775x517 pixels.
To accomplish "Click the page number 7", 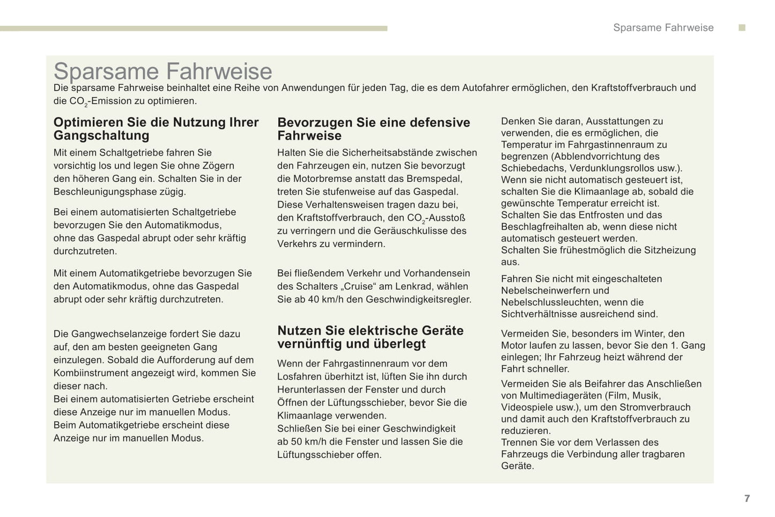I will coord(747,498).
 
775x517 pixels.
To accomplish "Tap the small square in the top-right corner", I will coord(742,27).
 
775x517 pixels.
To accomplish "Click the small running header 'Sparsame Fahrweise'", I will coord(663,28).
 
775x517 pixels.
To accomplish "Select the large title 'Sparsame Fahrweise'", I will coord(163,71).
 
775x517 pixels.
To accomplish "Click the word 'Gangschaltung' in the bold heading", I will coord(101,136).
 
